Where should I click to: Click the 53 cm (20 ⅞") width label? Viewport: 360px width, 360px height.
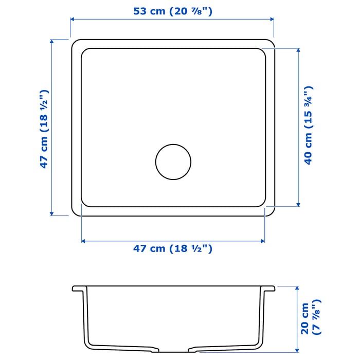172,11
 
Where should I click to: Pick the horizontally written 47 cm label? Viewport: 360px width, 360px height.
172,249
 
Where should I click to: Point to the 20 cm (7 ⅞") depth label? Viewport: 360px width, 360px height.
310,319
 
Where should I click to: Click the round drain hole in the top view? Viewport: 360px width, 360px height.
173,162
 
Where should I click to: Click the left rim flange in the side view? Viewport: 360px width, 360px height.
78,289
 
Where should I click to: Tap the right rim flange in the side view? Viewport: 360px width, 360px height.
269,289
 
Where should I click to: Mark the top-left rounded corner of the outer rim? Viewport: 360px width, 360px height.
75,43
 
